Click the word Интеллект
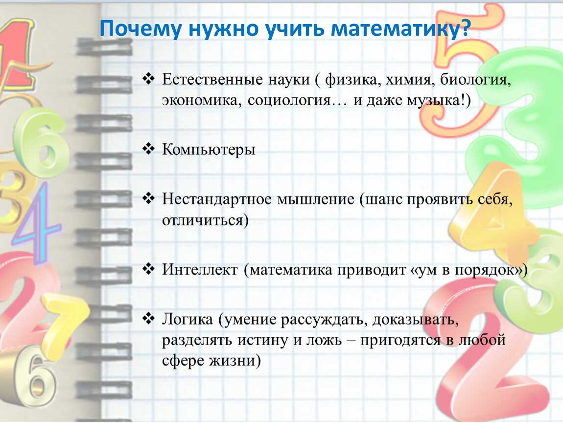point(200,269)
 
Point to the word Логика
point(188,319)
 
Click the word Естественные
point(212,79)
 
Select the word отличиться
point(203,220)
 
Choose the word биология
point(474,79)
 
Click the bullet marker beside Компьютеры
point(148,148)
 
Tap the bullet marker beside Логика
point(148,318)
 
